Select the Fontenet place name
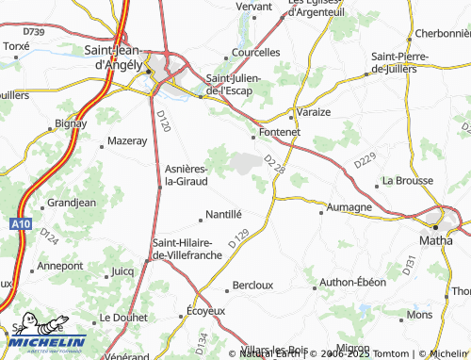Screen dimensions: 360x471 pos(279,133)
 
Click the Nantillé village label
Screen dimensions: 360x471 pos(223,215)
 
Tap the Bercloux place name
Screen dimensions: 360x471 pos(252,285)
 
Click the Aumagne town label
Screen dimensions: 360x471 pos(349,206)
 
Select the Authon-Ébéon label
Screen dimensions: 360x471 pos(353,282)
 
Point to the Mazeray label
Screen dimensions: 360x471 pos(128,140)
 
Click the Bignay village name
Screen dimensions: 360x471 pos(71,123)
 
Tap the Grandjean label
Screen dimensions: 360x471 pos(72,203)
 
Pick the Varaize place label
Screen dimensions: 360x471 pos(314,111)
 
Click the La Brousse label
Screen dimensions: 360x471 pos(407,180)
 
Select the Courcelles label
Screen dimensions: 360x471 pos(256,53)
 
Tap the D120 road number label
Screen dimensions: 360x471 pos(163,120)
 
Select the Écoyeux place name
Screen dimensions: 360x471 pos(206,310)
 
